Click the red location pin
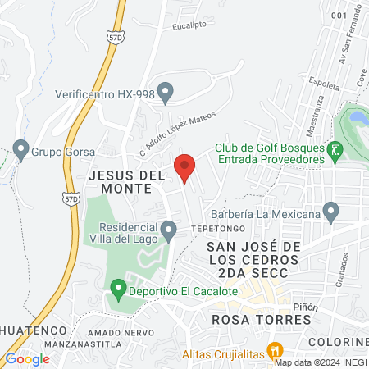(184, 167)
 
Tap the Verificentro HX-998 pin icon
(166, 93)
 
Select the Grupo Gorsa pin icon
(20, 152)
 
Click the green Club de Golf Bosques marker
(334, 151)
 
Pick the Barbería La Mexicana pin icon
(330, 212)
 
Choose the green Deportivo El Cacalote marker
(118, 289)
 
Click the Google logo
(28, 358)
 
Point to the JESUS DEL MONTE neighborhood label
(121, 181)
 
